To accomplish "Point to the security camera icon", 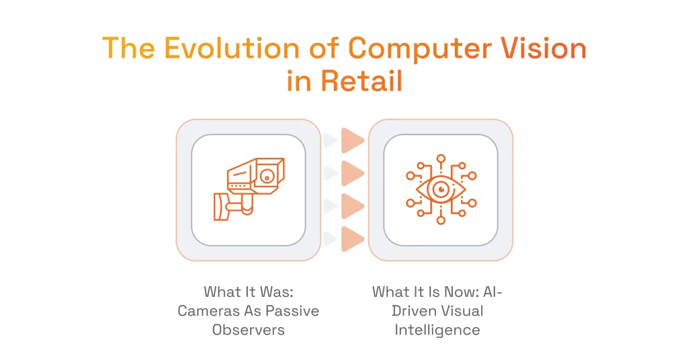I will click(249, 189).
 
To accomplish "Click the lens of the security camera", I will click(267, 177).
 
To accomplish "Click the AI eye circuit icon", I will click(441, 189).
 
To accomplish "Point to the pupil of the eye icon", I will click(441, 189).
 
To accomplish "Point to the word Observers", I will click(248, 330).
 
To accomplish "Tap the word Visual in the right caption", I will click(460, 311).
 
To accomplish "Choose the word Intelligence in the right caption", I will click(437, 330).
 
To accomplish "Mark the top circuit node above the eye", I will click(441, 159).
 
